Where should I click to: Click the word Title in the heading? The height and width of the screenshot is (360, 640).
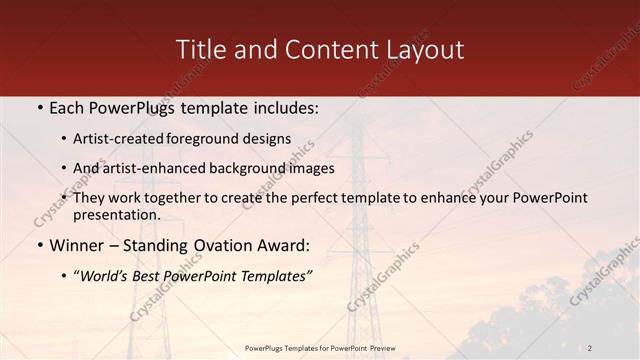(x=199, y=49)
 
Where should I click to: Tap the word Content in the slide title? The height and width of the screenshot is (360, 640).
(x=319, y=49)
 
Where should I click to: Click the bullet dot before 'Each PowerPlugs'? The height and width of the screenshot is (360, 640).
(x=38, y=108)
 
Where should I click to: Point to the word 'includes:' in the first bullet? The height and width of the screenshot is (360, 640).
(x=286, y=107)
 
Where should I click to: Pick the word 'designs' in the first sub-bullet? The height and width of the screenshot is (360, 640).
(x=268, y=139)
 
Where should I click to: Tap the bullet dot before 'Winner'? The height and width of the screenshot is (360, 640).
(x=38, y=245)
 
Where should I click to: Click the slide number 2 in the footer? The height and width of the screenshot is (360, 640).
(x=590, y=347)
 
